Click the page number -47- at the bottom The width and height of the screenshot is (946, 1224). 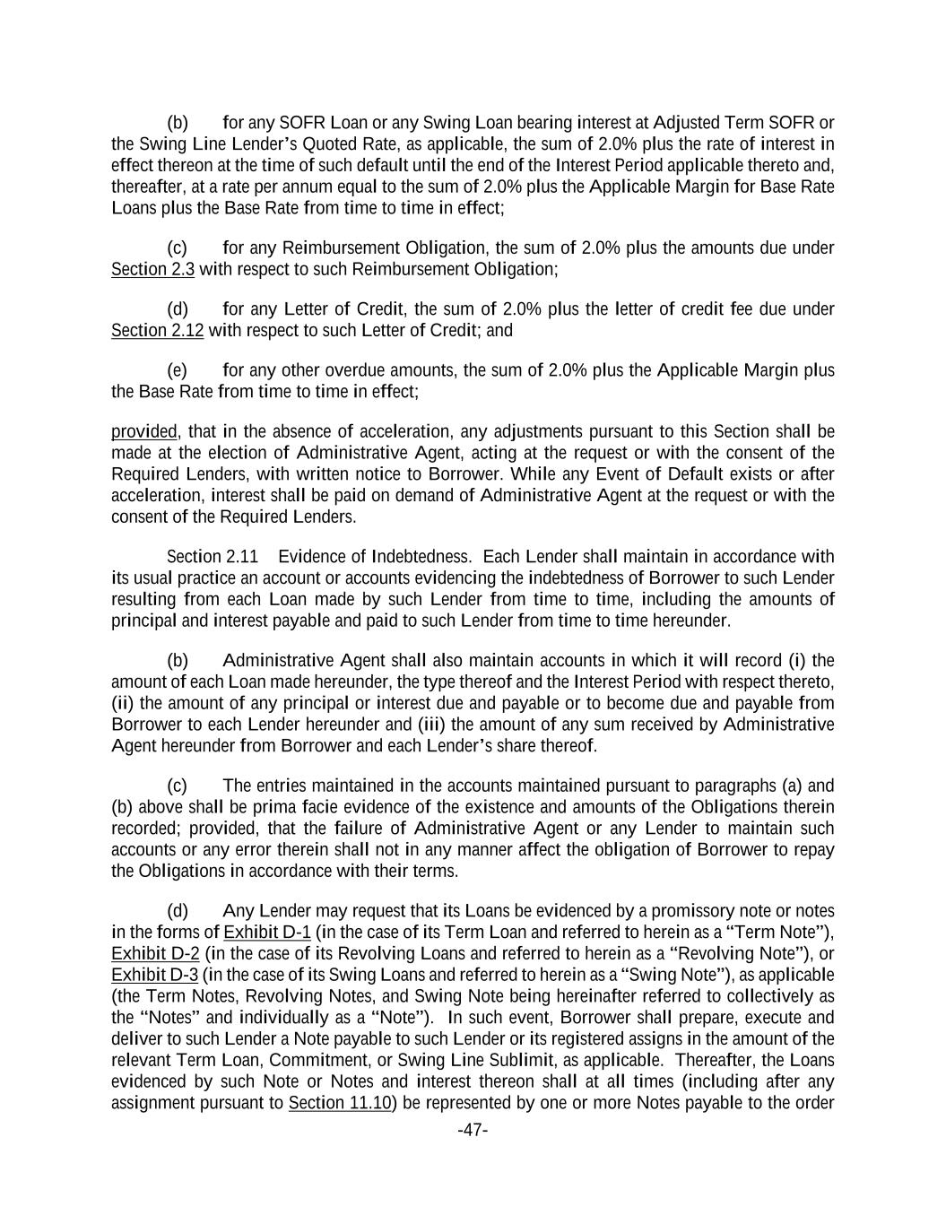pos(473,1130)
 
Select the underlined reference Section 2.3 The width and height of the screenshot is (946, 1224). pos(152,269)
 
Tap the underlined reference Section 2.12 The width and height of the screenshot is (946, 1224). pos(157,330)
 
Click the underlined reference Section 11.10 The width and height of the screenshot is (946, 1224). pos(340,1103)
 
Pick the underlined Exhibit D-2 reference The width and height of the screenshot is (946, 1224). pos(155,952)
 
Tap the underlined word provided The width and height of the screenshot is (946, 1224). pos(143,431)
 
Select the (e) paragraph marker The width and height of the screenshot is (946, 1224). pos(178,370)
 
